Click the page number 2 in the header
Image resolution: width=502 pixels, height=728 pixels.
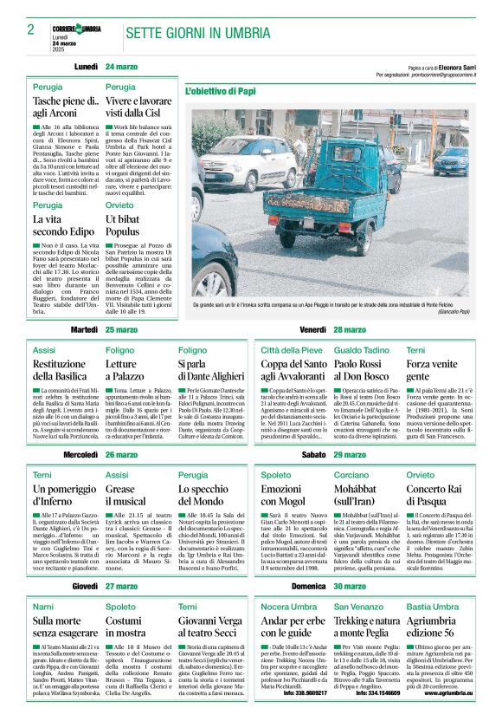[x=31, y=30]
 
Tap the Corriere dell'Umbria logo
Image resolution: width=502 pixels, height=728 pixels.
[x=76, y=29]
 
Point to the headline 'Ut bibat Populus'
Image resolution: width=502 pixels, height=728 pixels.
[x=127, y=226]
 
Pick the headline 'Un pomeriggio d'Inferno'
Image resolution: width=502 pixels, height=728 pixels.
[x=65, y=494]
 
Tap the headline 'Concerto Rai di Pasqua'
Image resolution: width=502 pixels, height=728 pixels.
[x=436, y=494]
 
